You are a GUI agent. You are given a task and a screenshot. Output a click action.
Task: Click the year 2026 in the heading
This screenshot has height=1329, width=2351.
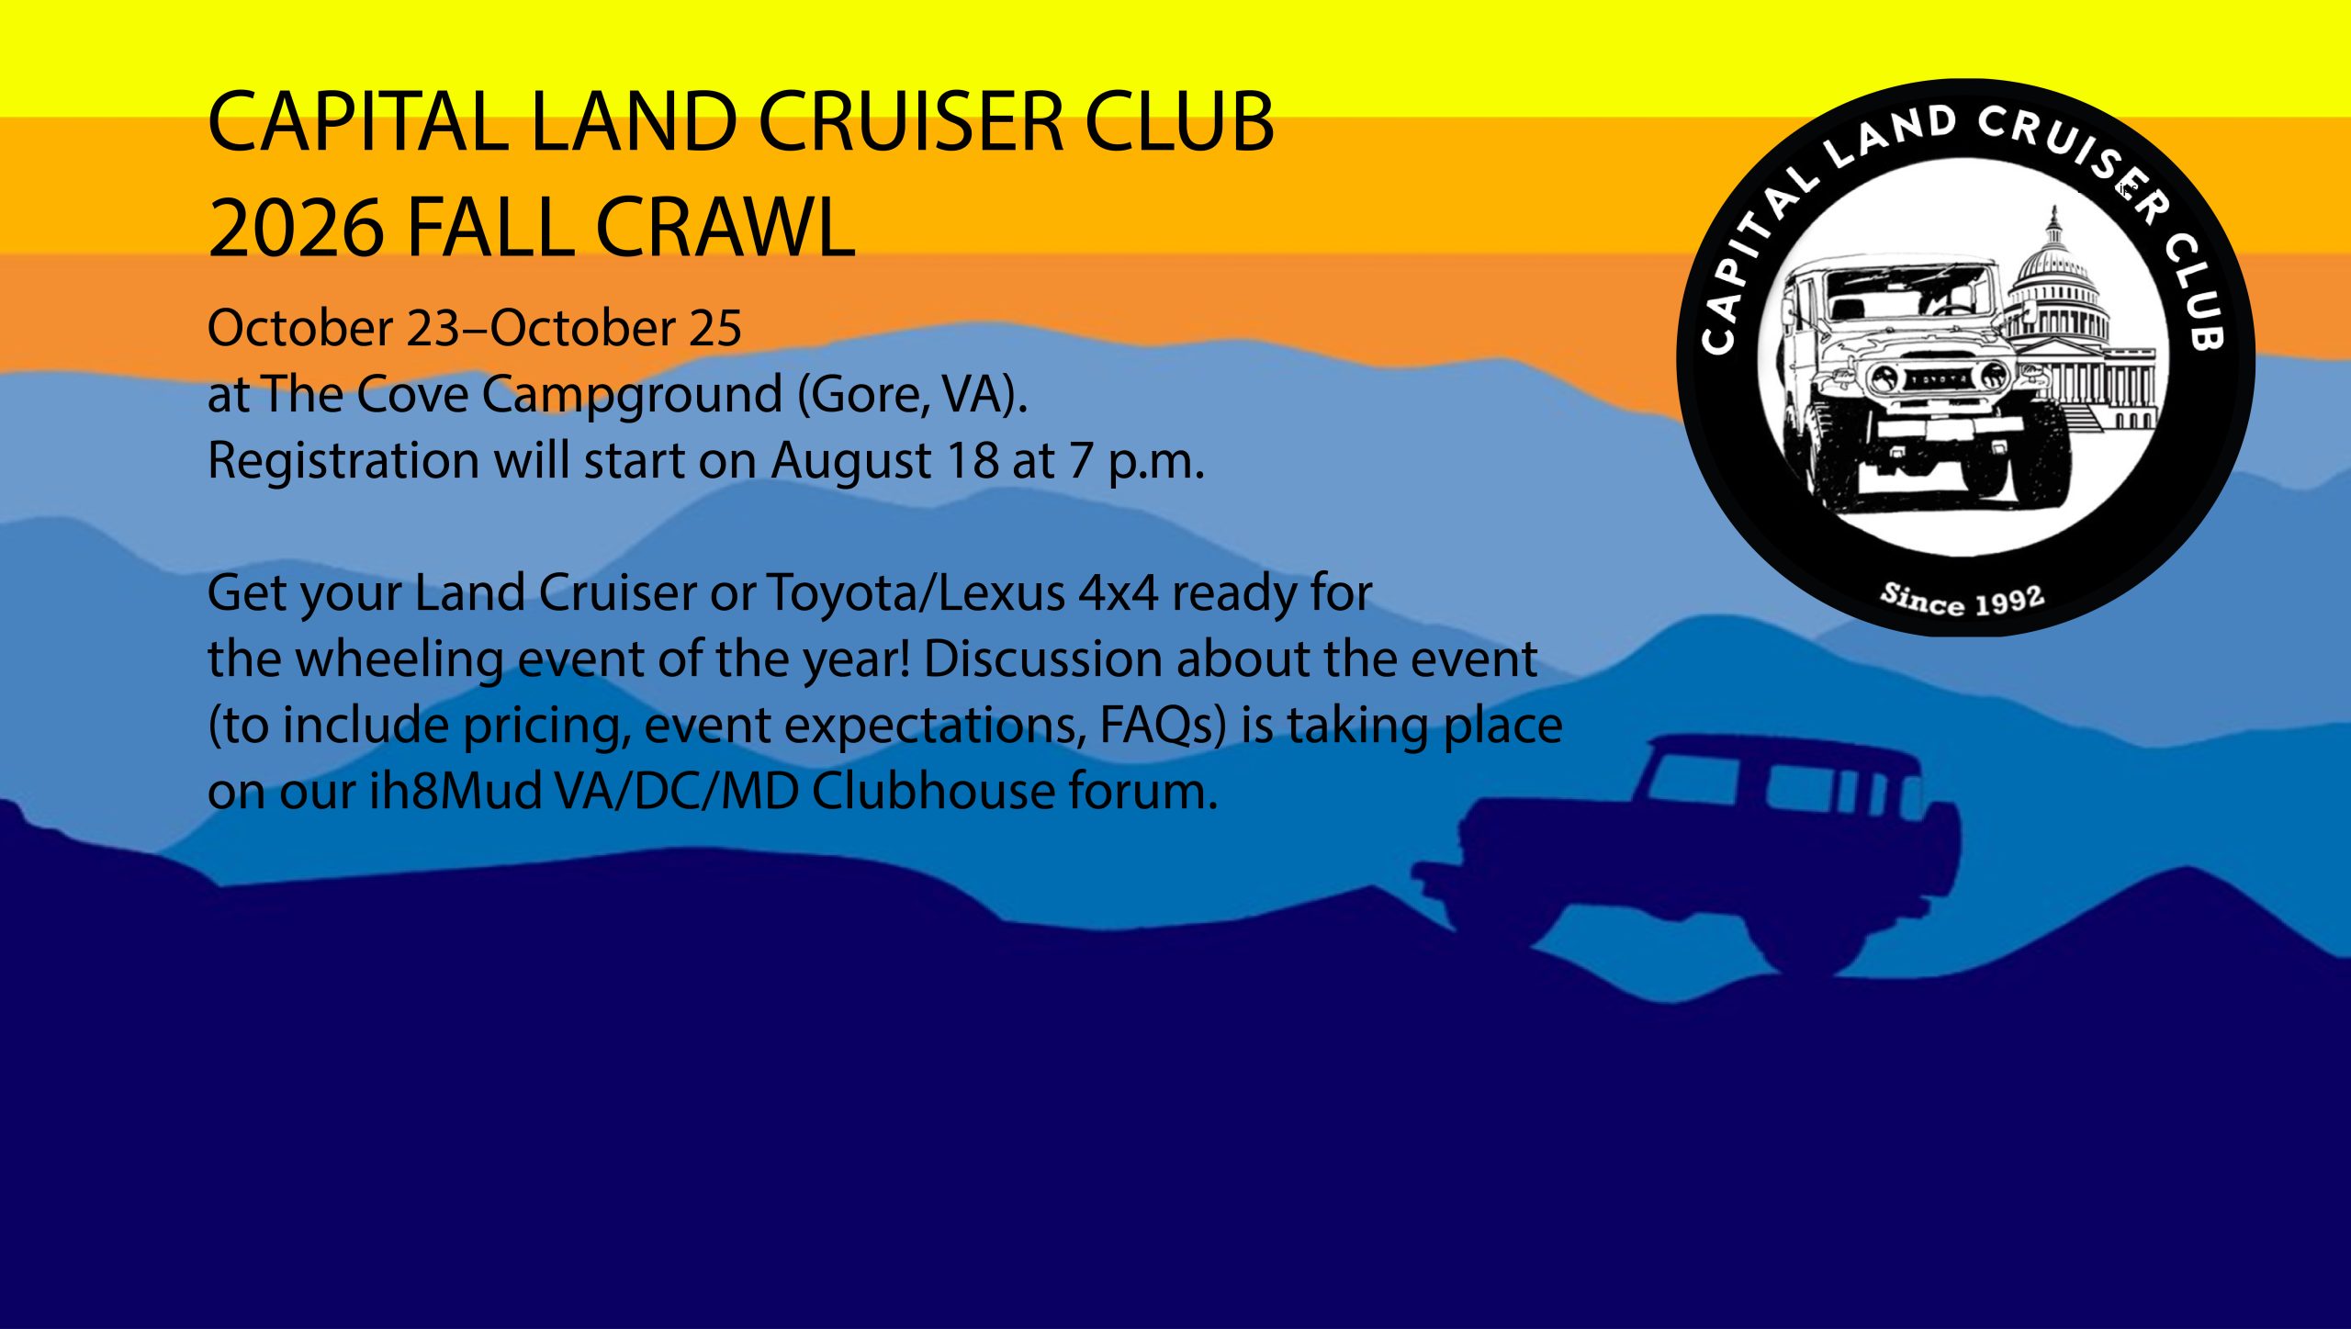295,227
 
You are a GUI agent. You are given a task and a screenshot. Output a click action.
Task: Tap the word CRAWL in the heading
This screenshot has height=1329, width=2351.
725,227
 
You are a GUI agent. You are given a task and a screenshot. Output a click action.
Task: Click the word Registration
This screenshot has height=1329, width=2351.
343,461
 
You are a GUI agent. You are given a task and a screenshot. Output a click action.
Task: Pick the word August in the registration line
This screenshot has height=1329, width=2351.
849,461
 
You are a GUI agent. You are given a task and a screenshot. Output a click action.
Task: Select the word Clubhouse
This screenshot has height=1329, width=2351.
933,792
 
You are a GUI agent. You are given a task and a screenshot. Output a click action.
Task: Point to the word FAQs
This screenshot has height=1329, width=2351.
1163,726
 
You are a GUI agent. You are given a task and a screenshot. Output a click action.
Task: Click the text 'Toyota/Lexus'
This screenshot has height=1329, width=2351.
916,593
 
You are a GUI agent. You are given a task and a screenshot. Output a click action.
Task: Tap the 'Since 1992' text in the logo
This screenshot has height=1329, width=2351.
1962,600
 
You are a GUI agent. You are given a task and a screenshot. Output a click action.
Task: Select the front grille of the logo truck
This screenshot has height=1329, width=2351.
1940,377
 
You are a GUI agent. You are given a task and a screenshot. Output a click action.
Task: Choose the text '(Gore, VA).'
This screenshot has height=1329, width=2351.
912,396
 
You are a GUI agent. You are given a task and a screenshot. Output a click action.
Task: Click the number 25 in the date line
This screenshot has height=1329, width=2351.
715,329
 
